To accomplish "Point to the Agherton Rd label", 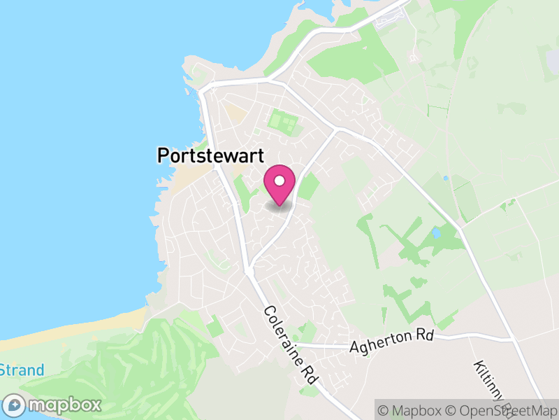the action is pyautogui.click(x=392, y=342).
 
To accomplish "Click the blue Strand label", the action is pyautogui.click(x=21, y=370).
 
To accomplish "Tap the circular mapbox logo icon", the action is pyautogui.click(x=15, y=405).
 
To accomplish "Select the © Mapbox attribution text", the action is pyautogui.click(x=412, y=410).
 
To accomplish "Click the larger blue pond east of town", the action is pyautogui.click(x=437, y=232).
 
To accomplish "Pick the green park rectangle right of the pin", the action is pyautogui.click(x=308, y=186).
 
